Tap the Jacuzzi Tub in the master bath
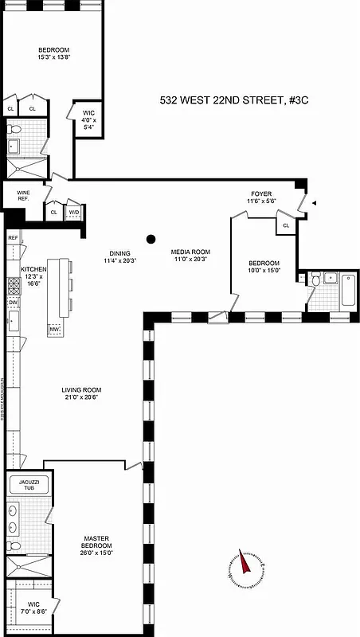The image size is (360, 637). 28,485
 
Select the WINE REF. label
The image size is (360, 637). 18,194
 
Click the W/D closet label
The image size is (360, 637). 74,212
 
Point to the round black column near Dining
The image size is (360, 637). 151,237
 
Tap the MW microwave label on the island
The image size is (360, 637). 55,329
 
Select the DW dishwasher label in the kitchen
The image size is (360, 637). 14,303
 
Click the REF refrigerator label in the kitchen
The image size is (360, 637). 13,237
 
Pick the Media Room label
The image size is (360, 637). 190,252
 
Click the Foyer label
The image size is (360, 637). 261,193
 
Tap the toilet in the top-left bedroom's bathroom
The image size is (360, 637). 14,130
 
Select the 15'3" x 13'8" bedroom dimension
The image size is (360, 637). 54,57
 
